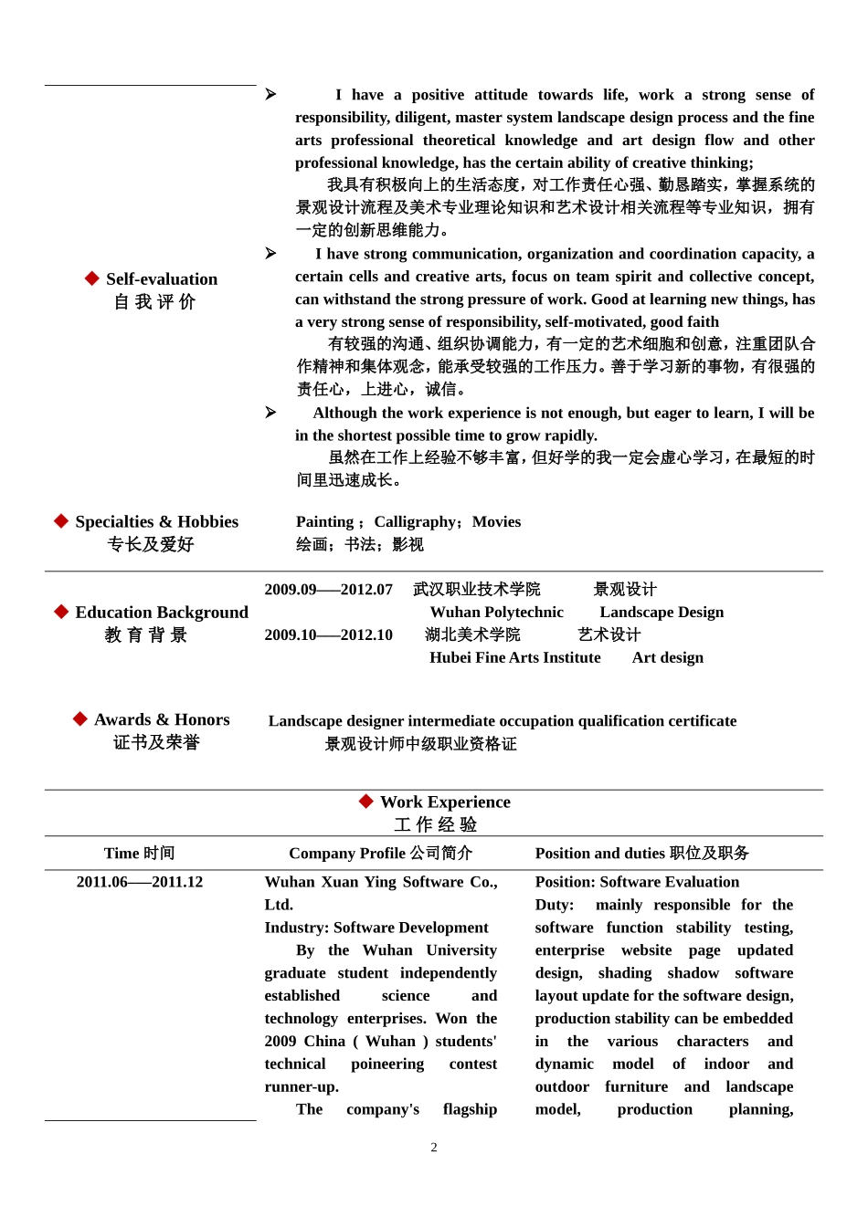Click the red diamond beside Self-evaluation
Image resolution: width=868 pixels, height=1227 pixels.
pyautogui.click(x=91, y=278)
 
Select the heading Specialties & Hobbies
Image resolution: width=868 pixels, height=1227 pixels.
pyautogui.click(x=156, y=521)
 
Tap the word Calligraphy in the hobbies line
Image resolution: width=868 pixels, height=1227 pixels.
pyautogui.click(x=416, y=521)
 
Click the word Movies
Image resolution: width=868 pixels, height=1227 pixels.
pyautogui.click(x=496, y=521)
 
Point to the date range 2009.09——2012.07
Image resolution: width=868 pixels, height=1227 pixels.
pyautogui.click(x=328, y=590)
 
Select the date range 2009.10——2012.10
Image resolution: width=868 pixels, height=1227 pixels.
pyautogui.click(x=328, y=634)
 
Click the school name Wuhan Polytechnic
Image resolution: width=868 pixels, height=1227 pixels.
pyautogui.click(x=496, y=612)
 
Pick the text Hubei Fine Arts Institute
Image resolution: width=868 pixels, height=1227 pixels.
pyautogui.click(x=515, y=657)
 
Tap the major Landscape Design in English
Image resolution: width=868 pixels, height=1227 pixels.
pyautogui.click(x=662, y=612)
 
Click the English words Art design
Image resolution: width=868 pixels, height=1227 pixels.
pyautogui.click(x=668, y=657)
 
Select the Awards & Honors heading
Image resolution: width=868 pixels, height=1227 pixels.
pyautogui.click(x=162, y=719)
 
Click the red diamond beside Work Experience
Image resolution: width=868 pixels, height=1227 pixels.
pyautogui.click(x=366, y=802)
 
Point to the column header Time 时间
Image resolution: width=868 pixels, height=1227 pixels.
pyautogui.click(x=139, y=853)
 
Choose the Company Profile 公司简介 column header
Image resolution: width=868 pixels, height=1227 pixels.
pyautogui.click(x=380, y=853)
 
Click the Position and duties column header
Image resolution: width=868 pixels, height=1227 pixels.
pyautogui.click(x=641, y=853)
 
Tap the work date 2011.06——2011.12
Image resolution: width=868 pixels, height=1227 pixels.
pyautogui.click(x=140, y=882)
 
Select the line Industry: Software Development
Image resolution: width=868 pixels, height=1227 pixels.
pyautogui.click(x=376, y=928)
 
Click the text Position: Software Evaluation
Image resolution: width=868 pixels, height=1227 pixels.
pyautogui.click(x=637, y=882)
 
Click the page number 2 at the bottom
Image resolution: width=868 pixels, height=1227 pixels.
pyautogui.click(x=434, y=1148)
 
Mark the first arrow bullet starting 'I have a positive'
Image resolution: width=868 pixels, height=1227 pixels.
pyautogui.click(x=270, y=94)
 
